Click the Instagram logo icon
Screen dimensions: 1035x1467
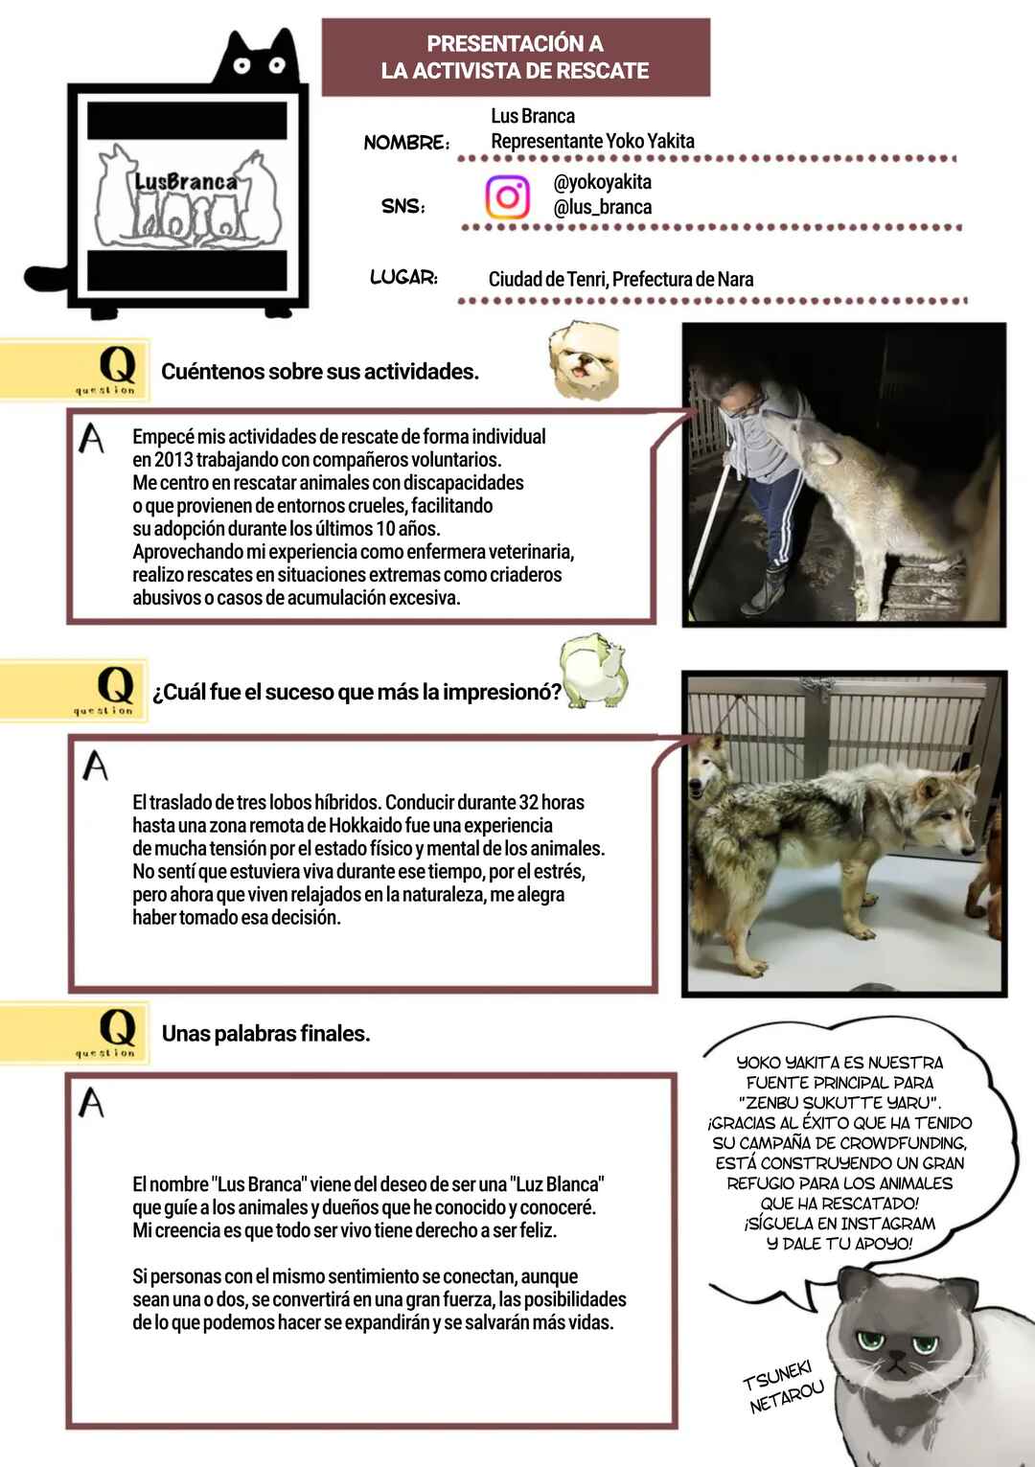(x=508, y=196)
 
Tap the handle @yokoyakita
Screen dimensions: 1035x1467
(x=603, y=182)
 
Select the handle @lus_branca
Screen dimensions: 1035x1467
(x=603, y=207)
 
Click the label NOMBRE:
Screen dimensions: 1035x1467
(x=406, y=142)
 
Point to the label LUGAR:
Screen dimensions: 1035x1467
(x=404, y=277)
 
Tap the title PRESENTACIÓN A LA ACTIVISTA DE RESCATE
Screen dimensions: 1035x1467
(x=516, y=57)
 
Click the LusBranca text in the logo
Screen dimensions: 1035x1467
(x=185, y=181)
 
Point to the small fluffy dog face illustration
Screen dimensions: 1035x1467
(x=584, y=359)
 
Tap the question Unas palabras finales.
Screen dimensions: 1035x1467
(x=266, y=1034)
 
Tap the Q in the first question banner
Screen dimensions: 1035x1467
(x=118, y=365)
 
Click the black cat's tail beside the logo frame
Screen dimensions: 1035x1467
(x=46, y=277)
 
